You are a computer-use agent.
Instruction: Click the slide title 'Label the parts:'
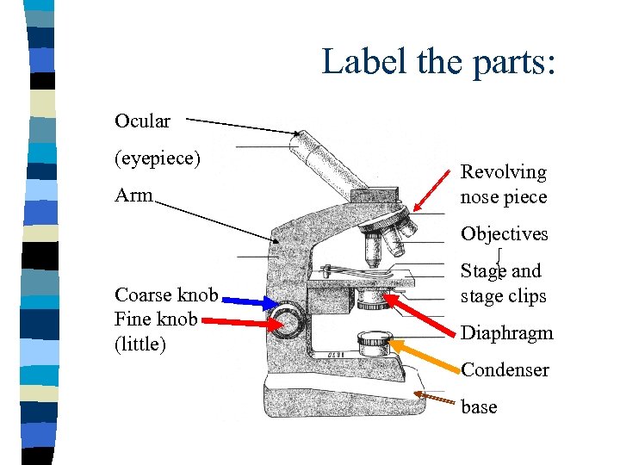point(439,62)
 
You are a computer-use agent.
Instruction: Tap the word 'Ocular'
point(143,121)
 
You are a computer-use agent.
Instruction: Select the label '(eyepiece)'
point(158,158)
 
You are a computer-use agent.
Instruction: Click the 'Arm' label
point(133,195)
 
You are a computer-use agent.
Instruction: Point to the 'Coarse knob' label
point(166,295)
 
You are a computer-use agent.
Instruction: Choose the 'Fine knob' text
point(157,319)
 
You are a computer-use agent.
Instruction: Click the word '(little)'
point(139,344)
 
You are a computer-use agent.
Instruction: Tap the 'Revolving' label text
point(504,172)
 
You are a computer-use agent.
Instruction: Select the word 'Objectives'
point(505,234)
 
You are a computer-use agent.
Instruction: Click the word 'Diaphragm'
point(507,333)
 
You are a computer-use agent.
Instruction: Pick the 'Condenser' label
point(505,370)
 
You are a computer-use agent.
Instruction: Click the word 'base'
point(479,407)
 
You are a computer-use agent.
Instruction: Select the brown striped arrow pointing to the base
point(435,399)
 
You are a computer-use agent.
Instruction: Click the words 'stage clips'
point(504,296)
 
